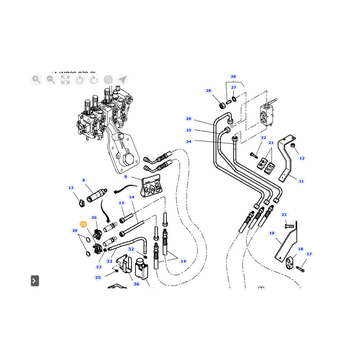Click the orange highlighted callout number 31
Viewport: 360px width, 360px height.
point(83,224)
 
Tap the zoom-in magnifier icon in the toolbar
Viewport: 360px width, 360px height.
point(36,80)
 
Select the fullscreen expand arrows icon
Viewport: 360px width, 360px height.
point(65,80)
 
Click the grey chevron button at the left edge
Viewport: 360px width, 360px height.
point(35,280)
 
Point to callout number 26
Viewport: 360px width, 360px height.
point(233,77)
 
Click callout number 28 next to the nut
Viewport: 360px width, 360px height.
point(208,91)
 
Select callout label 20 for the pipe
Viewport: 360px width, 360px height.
point(189,119)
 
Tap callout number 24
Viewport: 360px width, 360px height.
point(189,141)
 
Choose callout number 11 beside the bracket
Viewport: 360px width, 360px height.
point(301,181)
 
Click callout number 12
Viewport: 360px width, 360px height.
point(302,158)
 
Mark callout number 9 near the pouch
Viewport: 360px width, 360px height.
point(126,177)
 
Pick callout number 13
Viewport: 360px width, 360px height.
point(71,188)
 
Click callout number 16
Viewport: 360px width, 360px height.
point(183,261)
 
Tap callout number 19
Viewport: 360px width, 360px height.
point(272,233)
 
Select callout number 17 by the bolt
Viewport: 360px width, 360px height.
point(309,254)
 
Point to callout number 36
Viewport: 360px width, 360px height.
point(136,284)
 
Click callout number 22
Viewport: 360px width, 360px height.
point(264,138)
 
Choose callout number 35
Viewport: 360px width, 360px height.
point(98,278)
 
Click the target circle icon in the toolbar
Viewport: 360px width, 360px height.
point(108,80)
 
